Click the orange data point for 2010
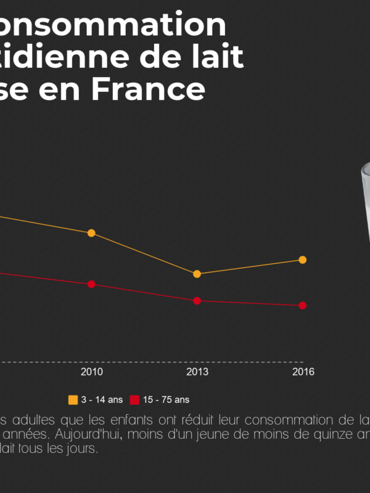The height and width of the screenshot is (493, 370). tap(91, 233)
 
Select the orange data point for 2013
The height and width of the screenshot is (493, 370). tap(197, 274)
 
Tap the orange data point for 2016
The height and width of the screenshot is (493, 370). tap(303, 259)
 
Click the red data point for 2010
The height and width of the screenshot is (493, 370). tap(91, 284)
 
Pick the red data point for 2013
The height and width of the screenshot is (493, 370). tap(197, 301)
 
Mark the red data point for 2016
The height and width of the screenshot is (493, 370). tap(303, 306)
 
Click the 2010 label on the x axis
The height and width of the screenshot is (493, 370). tap(91, 372)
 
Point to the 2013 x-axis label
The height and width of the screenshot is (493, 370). tap(197, 372)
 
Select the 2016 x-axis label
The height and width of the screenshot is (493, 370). tap(303, 372)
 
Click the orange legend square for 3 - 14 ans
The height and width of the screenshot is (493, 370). tap(73, 400)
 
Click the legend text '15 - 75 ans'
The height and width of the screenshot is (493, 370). tap(166, 400)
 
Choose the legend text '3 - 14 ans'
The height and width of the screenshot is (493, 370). tap(102, 400)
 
